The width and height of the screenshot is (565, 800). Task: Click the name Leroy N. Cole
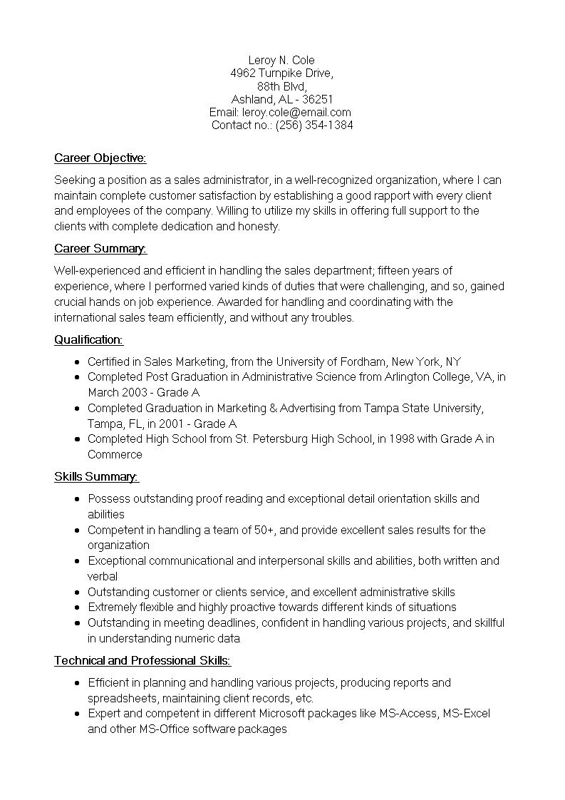point(281,60)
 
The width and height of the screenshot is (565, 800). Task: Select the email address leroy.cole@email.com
point(296,112)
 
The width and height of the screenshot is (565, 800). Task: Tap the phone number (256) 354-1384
point(314,125)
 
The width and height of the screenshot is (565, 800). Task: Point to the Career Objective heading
point(100,158)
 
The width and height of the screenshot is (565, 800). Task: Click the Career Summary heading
point(100,248)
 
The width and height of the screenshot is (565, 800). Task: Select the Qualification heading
point(88,339)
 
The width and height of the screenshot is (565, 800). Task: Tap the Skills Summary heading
point(96,476)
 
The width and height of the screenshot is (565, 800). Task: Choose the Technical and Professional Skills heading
point(142,660)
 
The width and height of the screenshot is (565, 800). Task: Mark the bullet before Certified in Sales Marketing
point(76,362)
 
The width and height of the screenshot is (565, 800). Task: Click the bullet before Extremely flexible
point(76,607)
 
